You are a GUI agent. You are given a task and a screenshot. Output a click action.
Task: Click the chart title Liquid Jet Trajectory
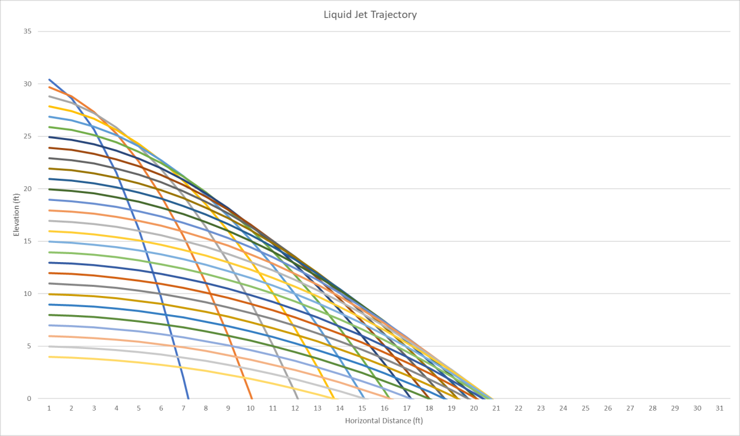coord(370,14)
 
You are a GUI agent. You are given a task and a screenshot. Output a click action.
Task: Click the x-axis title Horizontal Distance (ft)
coord(384,421)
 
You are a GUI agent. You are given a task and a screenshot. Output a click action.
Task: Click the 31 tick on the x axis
coord(719,408)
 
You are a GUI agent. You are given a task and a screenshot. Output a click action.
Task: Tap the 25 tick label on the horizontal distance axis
coord(585,408)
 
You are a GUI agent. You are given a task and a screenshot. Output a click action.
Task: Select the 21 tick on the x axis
coord(496,408)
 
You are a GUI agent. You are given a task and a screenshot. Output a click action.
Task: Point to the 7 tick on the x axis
coord(183,408)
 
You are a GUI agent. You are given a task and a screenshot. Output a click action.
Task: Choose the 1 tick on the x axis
coord(49,408)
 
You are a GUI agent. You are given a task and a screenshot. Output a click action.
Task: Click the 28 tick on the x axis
coord(652,408)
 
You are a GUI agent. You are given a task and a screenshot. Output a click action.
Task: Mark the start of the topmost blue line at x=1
coord(49,80)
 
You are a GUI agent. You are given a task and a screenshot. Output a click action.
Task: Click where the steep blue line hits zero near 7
coord(188,398)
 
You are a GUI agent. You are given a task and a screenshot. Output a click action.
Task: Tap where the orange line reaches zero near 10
coord(252,398)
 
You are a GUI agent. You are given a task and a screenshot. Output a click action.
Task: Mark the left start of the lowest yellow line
coord(49,356)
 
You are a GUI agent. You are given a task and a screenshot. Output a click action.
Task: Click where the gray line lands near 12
coord(298,398)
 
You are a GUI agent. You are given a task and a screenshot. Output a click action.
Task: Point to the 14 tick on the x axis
coord(340,408)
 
